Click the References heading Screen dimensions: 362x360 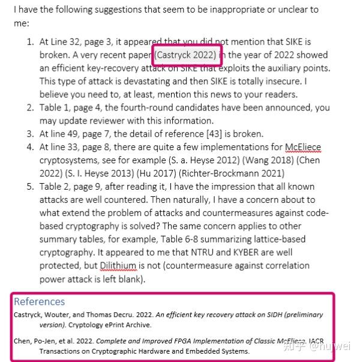(39, 301)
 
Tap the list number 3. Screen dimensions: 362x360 (30, 133)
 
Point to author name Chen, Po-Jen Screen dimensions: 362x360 (35, 341)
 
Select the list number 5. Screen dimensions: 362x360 (30, 186)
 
